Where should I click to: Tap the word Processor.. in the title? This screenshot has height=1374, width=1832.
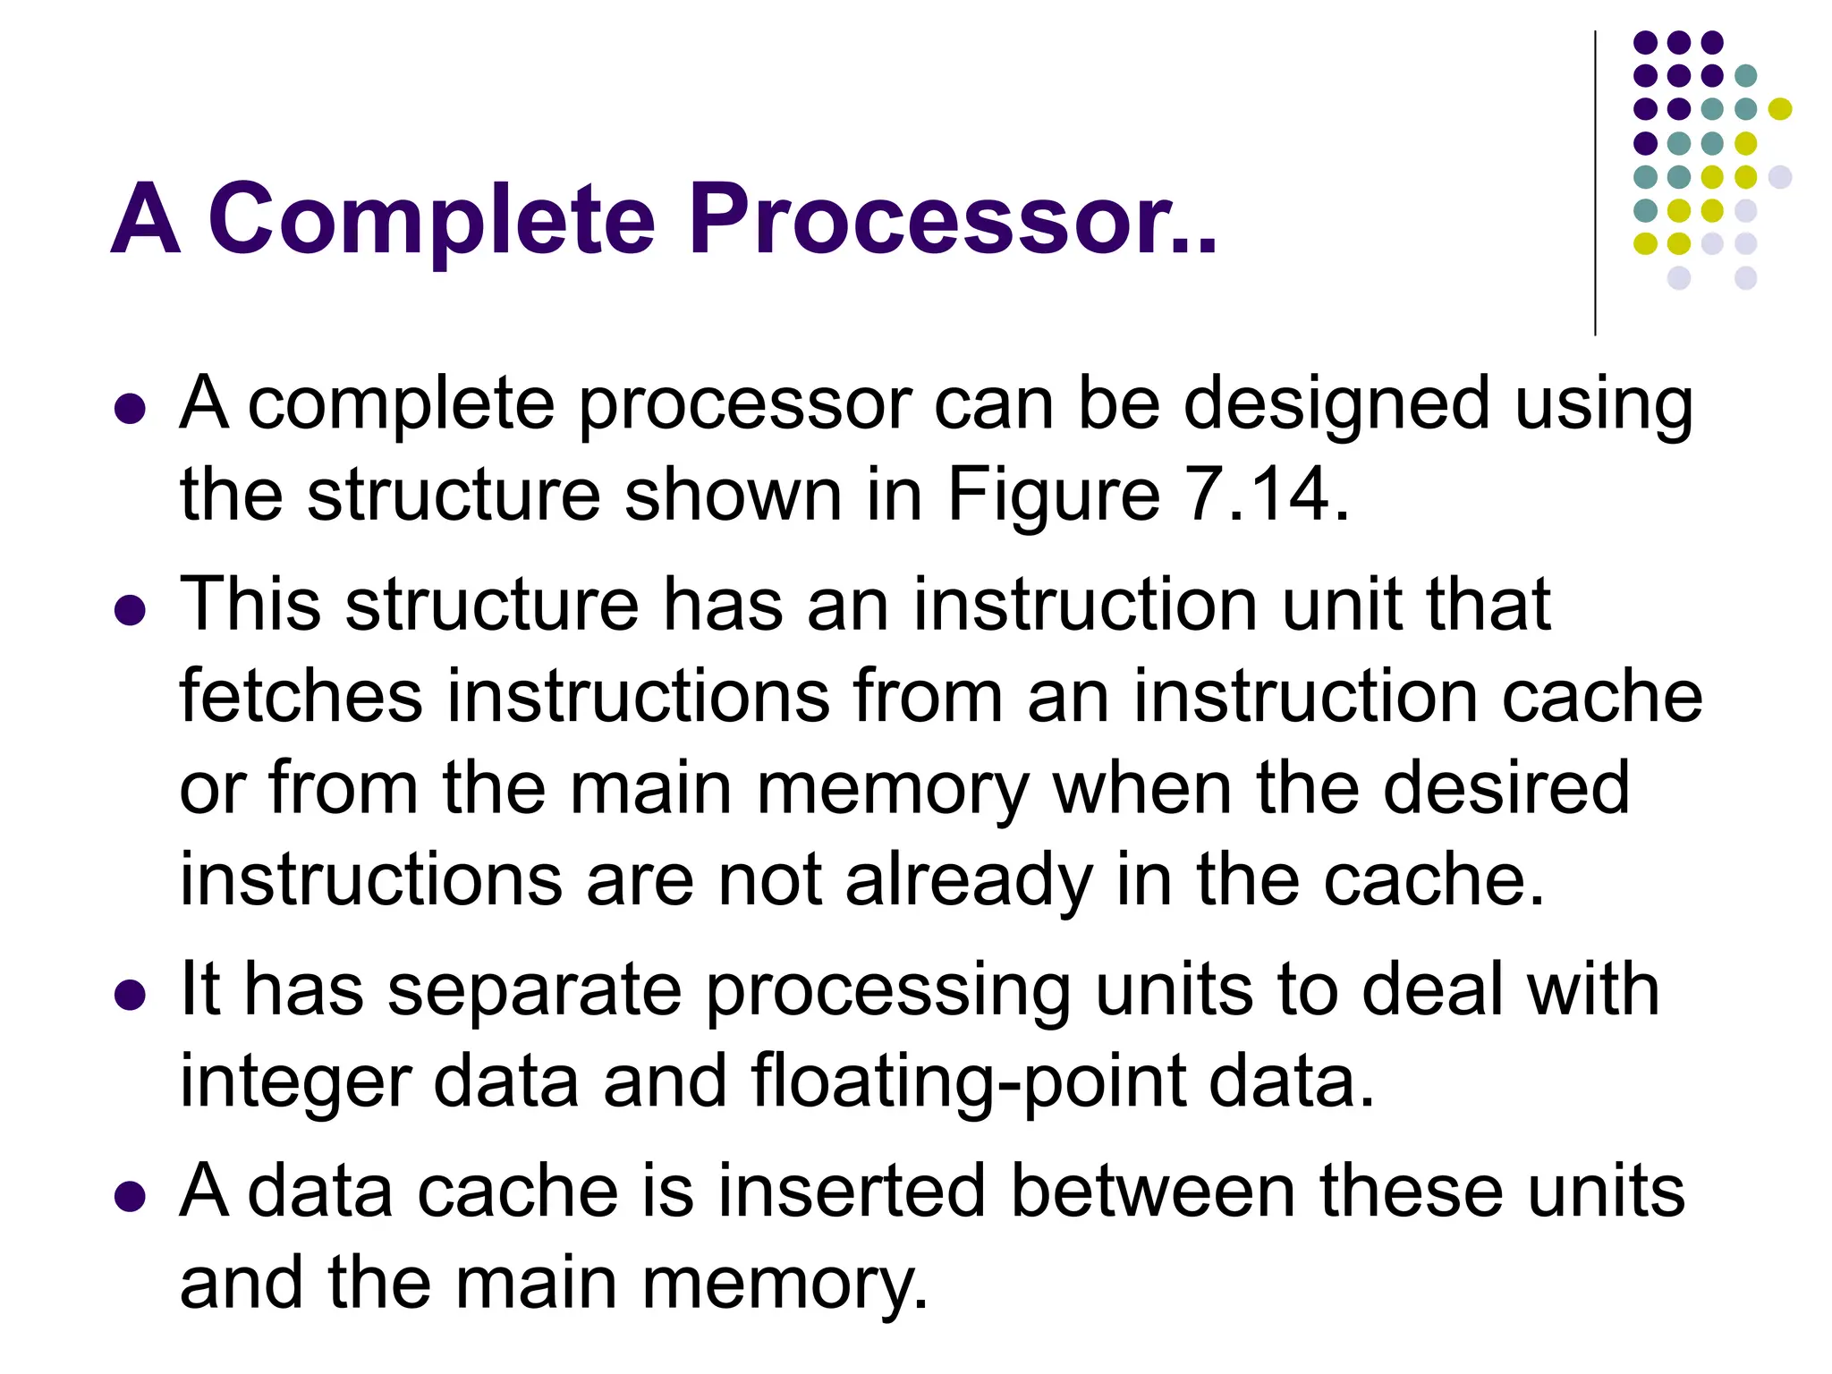[x=952, y=219]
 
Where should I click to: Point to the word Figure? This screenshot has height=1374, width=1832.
[x=1054, y=496]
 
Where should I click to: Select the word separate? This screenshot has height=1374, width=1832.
[x=534, y=991]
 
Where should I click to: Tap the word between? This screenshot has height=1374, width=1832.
[x=1153, y=1192]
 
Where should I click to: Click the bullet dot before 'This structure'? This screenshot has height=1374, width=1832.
[x=131, y=612]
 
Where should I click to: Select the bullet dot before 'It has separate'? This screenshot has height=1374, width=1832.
[x=131, y=996]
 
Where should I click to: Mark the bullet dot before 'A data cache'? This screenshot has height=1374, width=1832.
[x=131, y=1197]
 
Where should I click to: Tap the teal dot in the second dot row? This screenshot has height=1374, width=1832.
[x=1745, y=75]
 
